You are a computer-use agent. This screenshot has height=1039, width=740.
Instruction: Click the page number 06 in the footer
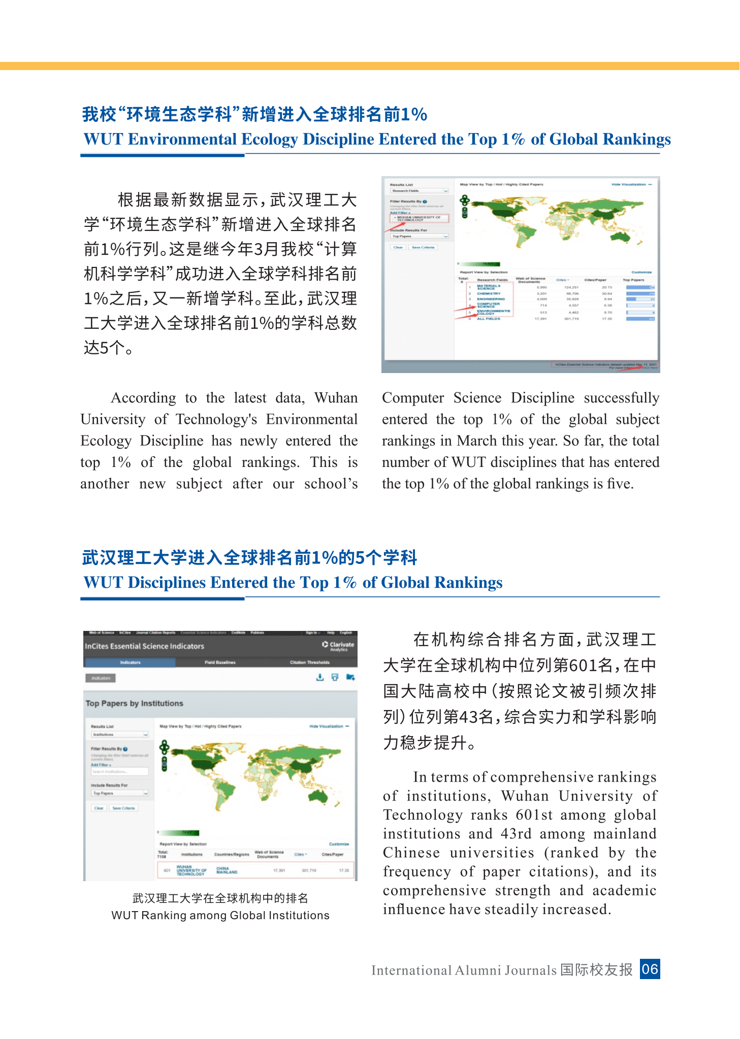coord(650,969)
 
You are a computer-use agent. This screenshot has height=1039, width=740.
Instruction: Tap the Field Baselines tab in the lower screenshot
coord(220,662)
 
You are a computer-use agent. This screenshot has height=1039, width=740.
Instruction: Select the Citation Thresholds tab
coord(309,662)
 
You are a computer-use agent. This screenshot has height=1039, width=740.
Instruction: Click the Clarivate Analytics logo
coord(338,646)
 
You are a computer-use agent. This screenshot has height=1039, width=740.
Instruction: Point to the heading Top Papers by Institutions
coord(134,703)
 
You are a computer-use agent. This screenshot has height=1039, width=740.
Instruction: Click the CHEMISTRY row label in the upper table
coord(489,293)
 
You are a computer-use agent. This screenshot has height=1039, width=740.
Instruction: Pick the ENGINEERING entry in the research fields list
coord(491,299)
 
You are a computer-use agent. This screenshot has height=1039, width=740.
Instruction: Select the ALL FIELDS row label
coord(489,319)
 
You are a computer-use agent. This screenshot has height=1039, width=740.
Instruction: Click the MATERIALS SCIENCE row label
coord(488,287)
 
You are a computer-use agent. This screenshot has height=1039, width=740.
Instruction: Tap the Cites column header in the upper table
coord(562,280)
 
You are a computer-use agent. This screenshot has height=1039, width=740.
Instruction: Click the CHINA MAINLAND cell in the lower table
coord(227,870)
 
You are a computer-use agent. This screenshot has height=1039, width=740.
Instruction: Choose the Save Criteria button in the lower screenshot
coord(123,808)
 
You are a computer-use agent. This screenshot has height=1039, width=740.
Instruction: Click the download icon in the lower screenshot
coord(319,678)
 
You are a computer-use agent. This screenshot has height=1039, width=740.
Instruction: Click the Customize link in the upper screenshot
coord(641,272)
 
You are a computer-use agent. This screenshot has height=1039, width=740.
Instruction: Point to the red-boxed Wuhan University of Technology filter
coord(419,218)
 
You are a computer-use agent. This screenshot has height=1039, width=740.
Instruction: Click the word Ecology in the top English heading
coord(270,139)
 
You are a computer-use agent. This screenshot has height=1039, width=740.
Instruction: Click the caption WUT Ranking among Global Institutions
coord(220,915)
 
